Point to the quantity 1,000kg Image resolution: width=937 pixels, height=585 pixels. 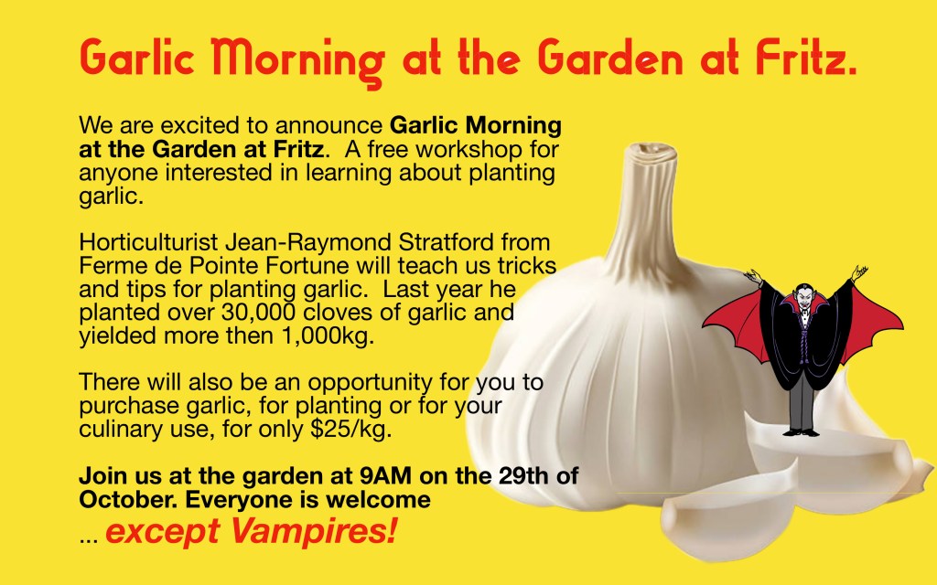click(x=328, y=336)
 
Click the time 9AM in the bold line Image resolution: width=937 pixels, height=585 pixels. click(x=385, y=475)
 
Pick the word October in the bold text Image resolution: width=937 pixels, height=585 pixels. click(x=128, y=500)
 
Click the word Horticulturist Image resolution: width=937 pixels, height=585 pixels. click(x=148, y=242)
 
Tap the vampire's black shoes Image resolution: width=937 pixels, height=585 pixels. click(x=802, y=432)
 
